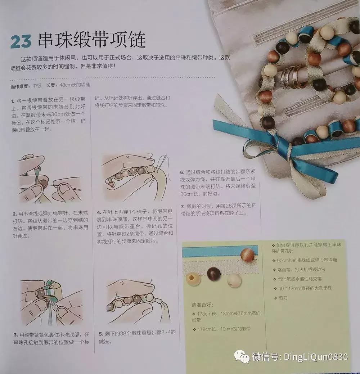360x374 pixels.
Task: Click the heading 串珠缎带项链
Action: coord(91,40)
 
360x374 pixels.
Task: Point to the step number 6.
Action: coord(182,172)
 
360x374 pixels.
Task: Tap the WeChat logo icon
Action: coord(242,357)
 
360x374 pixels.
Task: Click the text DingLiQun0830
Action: coord(316,357)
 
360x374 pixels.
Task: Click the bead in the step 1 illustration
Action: coord(43,184)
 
